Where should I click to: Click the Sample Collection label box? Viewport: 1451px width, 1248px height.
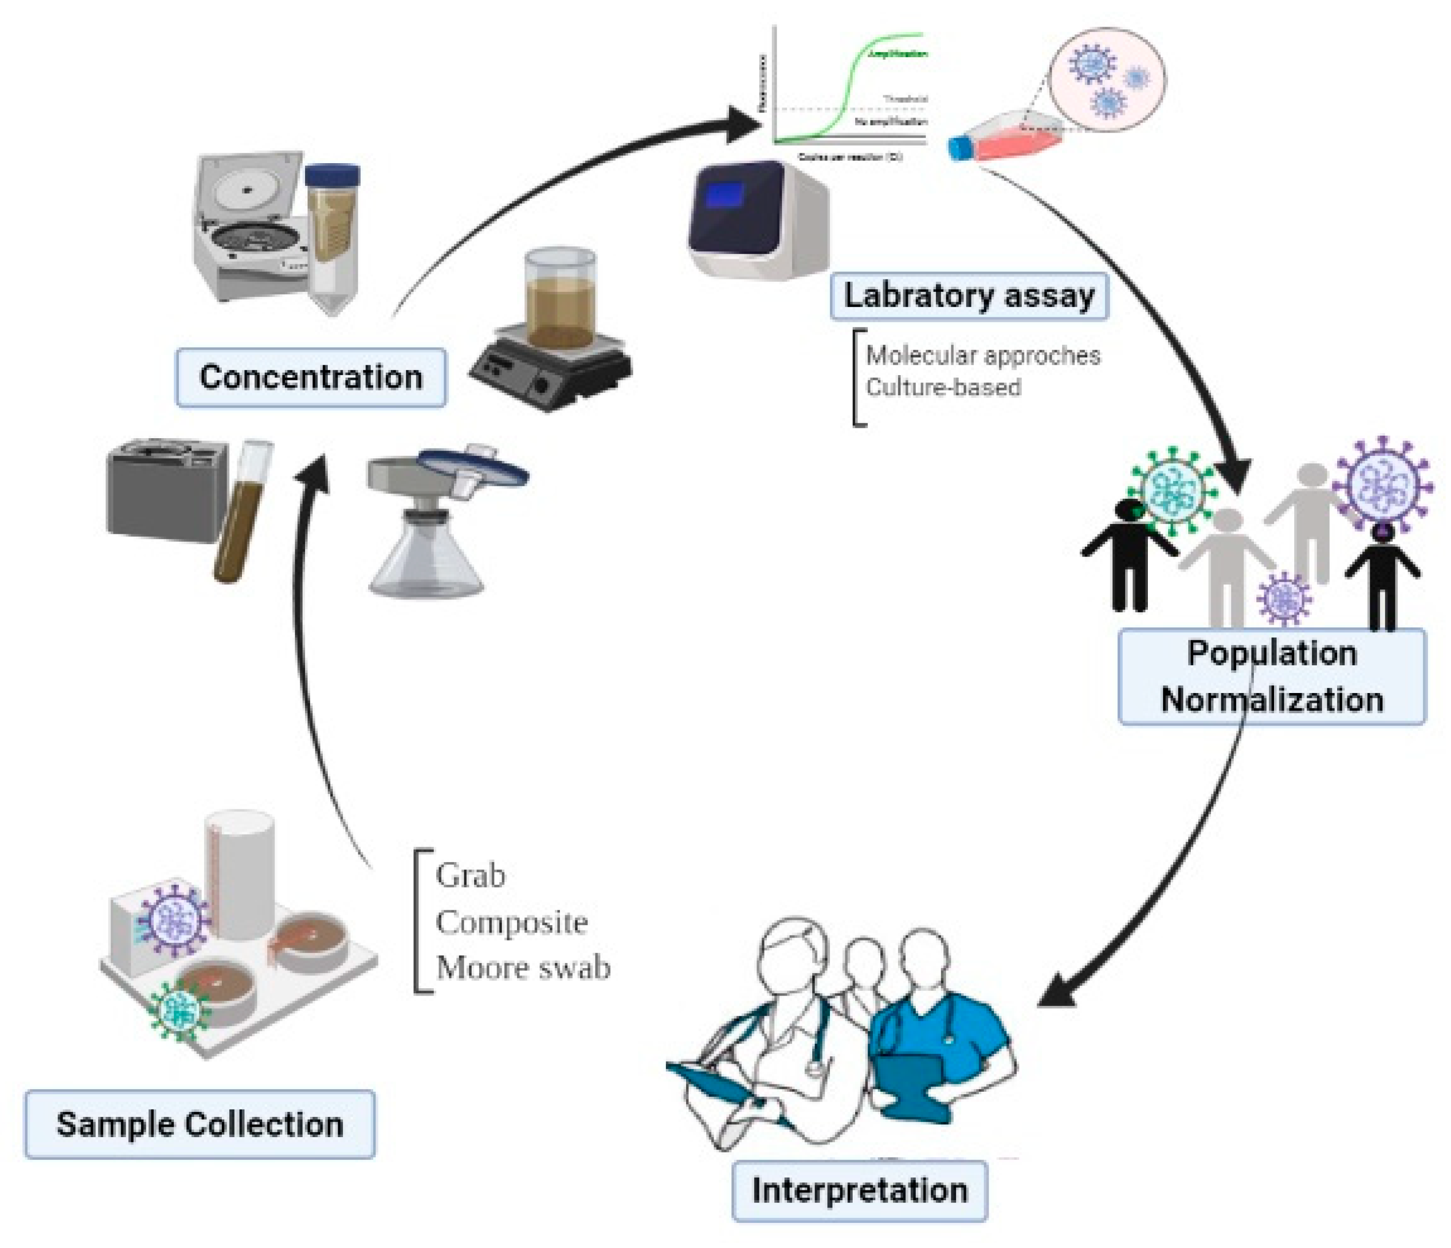coord(200,1124)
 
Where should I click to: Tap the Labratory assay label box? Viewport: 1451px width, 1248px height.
coord(968,296)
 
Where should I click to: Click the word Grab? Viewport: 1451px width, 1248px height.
coord(470,875)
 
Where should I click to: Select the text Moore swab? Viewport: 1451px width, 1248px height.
coord(523,968)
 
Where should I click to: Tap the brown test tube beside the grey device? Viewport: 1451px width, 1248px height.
coord(242,511)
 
